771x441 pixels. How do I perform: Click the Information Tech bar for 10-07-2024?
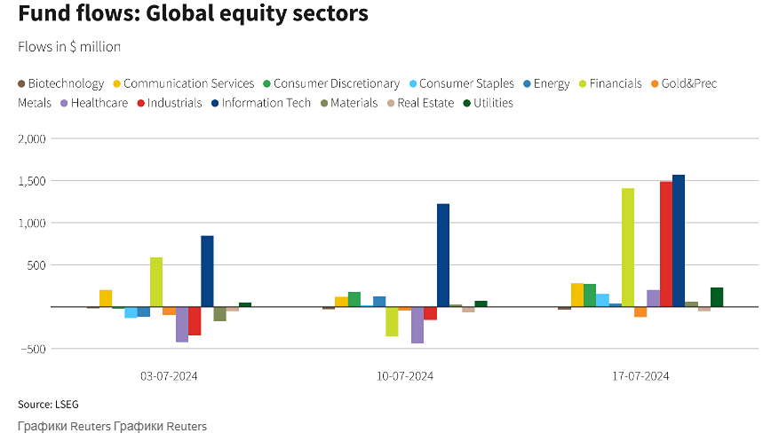[443, 256]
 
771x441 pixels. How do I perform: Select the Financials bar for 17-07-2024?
[628, 248]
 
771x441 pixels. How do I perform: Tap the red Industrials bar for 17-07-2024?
[666, 244]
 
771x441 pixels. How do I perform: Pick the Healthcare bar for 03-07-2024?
[182, 324]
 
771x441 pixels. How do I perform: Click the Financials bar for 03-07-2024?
[156, 282]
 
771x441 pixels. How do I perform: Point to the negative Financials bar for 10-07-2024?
[392, 321]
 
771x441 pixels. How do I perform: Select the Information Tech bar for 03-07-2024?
[207, 271]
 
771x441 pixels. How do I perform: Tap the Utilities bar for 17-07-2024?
[717, 297]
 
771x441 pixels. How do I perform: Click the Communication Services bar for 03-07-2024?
[106, 298]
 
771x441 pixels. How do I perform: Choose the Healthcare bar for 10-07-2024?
[417, 325]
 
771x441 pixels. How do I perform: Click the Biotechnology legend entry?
[61, 83]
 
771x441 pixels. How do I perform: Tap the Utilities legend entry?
[488, 103]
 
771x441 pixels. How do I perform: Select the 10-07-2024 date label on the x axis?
[405, 376]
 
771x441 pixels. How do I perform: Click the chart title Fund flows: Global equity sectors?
[193, 15]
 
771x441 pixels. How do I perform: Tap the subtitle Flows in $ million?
[69, 46]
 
